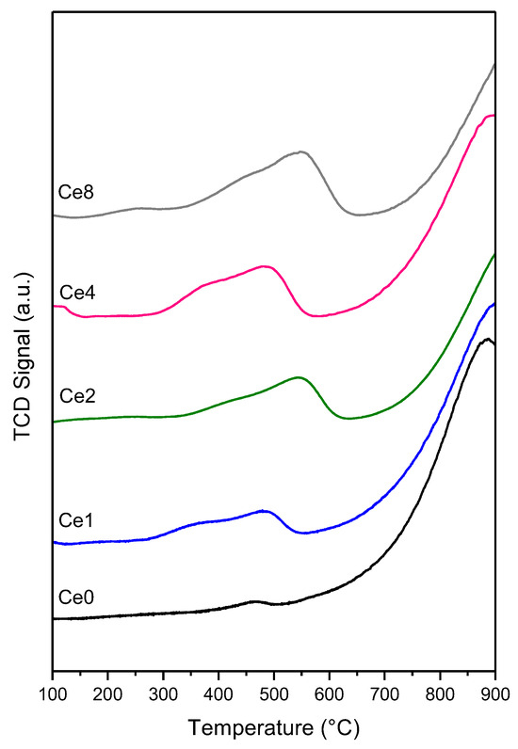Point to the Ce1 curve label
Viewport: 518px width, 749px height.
pyautogui.click(x=74, y=519)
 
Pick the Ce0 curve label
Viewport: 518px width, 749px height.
pyautogui.click(x=74, y=597)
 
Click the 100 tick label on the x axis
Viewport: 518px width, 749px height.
pyautogui.click(x=53, y=693)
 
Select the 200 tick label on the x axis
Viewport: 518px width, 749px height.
pyautogui.click(x=108, y=693)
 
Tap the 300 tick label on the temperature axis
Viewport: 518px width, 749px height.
pyautogui.click(x=163, y=693)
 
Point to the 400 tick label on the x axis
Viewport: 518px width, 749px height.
pyautogui.click(x=219, y=693)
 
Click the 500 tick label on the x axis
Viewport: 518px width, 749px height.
pyautogui.click(x=274, y=693)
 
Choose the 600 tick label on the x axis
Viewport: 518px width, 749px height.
pyautogui.click(x=329, y=693)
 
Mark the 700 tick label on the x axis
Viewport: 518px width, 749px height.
pyautogui.click(x=384, y=693)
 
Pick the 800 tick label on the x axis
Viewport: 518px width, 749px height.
pyautogui.click(x=440, y=693)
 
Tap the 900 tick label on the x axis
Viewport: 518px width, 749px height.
pyautogui.click(x=494, y=693)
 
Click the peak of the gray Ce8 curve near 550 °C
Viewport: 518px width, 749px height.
pyautogui.click(x=301, y=151)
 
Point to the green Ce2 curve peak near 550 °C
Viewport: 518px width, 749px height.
pyautogui.click(x=299, y=377)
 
